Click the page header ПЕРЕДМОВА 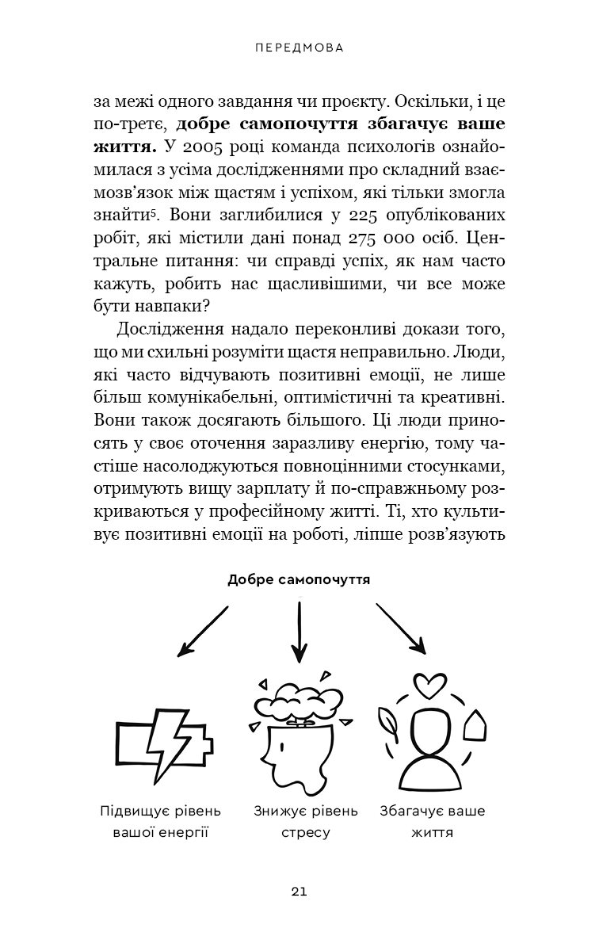click(299, 48)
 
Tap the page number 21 click(299, 892)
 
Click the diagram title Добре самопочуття click(299, 580)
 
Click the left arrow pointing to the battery click(203, 631)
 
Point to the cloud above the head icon click(296, 702)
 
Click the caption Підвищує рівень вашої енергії click(161, 822)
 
